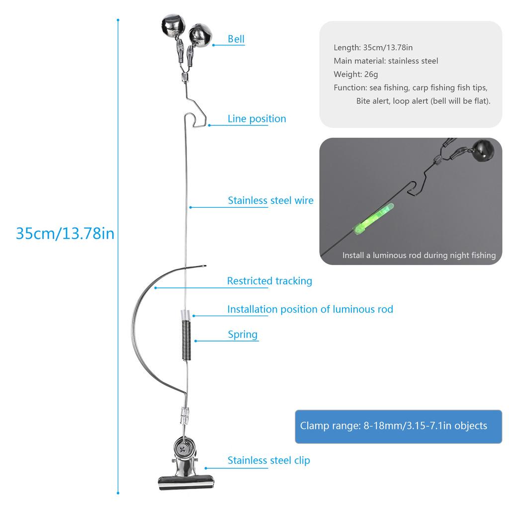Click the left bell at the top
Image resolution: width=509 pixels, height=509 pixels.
(172, 24)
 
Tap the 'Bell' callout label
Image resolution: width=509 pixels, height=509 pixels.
(236, 39)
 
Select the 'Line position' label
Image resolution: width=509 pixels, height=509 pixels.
(256, 119)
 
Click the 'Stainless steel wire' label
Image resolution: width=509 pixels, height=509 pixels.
(270, 201)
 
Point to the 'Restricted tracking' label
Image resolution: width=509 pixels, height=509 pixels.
(269, 281)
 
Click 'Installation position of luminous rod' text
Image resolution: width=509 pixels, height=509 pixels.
(310, 309)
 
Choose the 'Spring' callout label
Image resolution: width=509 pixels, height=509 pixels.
(243, 334)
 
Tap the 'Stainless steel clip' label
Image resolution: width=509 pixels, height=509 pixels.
(268, 460)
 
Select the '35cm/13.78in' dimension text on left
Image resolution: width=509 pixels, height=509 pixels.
(65, 233)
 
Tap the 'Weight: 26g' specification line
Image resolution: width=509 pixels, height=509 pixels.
(355, 75)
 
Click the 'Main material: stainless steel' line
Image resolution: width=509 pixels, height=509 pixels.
(386, 61)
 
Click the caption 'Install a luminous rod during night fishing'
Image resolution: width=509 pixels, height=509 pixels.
(419, 255)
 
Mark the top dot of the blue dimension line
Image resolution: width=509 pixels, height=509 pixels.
(118, 20)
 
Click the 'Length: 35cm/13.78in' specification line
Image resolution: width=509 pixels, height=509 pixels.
(373, 48)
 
